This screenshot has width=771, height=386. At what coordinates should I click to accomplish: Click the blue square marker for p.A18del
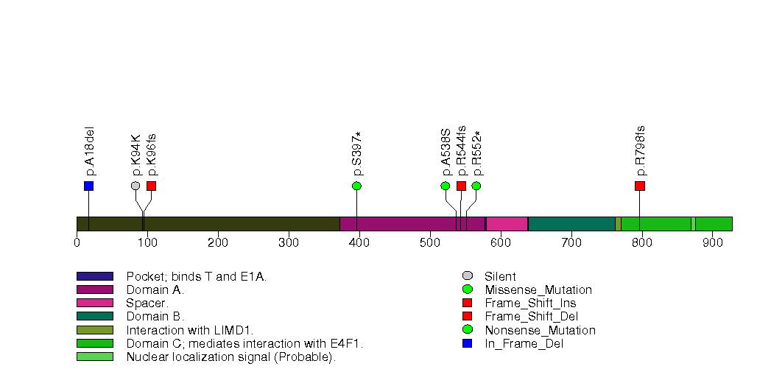click(88, 186)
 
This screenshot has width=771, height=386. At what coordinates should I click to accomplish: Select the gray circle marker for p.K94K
click(135, 186)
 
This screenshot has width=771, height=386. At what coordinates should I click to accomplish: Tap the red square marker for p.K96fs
click(151, 186)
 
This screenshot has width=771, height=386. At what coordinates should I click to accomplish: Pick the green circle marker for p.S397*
click(356, 186)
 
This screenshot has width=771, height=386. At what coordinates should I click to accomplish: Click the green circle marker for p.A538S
click(446, 186)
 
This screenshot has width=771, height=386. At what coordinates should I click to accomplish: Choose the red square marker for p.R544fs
click(461, 186)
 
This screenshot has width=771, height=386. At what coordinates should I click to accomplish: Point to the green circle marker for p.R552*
click(476, 186)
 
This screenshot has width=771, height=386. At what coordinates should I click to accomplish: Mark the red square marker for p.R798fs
click(639, 186)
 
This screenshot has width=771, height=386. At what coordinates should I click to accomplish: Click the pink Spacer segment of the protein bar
click(507, 224)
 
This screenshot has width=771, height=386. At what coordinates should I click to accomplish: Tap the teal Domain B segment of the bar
click(571, 224)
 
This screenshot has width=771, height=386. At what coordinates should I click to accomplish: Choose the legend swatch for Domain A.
click(94, 289)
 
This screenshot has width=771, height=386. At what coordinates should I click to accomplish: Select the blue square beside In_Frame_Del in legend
click(467, 343)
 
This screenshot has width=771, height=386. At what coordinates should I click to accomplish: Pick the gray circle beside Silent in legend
click(467, 276)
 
